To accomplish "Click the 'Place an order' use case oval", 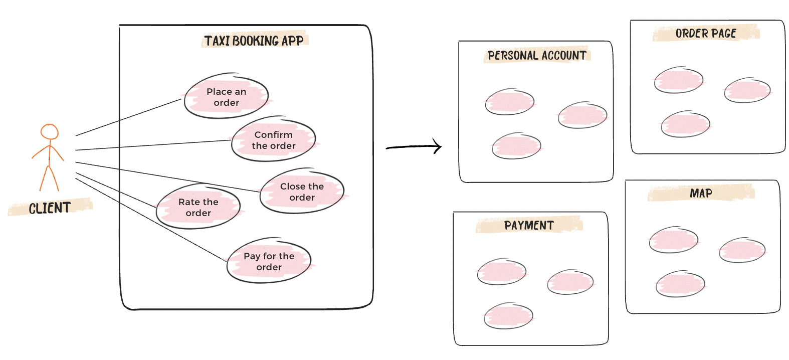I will click(x=226, y=97).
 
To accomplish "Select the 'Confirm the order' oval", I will click(x=273, y=140).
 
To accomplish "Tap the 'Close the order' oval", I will click(x=302, y=192).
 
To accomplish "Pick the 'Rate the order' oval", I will click(x=198, y=207).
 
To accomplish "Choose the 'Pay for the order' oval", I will click(x=269, y=261).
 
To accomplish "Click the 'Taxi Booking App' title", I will click(x=254, y=41).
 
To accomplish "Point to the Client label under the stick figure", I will click(x=50, y=208).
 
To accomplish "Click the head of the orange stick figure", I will click(x=50, y=132).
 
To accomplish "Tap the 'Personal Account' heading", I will click(x=537, y=55).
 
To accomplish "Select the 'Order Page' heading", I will click(x=705, y=34).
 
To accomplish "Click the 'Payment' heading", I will click(x=529, y=226).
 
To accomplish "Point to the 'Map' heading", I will click(x=701, y=193).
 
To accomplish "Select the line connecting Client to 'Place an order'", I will click(x=128, y=117).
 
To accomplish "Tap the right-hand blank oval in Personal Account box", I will click(x=582, y=115).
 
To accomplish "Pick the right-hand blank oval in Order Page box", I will click(x=747, y=91).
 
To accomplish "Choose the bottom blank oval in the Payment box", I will click(x=508, y=316).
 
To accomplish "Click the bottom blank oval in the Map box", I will click(x=680, y=284).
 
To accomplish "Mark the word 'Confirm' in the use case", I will click(x=273, y=134).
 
